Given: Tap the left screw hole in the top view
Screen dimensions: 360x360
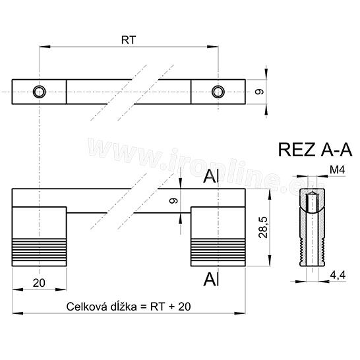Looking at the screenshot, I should (41, 92).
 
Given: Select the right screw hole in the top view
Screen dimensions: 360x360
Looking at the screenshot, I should (218, 92).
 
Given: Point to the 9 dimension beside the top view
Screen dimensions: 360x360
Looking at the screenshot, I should (260, 92).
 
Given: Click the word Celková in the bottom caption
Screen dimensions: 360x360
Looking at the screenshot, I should (87, 307).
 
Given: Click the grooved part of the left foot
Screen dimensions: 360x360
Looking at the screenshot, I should (39, 251).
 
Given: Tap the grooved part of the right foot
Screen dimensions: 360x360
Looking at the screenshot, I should (218, 251).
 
